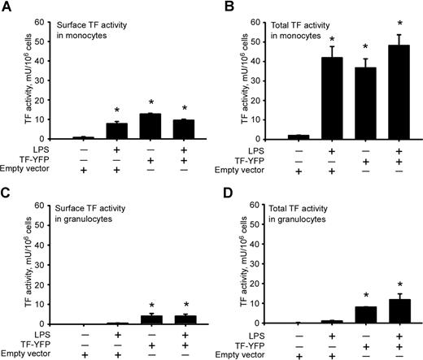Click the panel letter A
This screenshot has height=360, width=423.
click(6, 7)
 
